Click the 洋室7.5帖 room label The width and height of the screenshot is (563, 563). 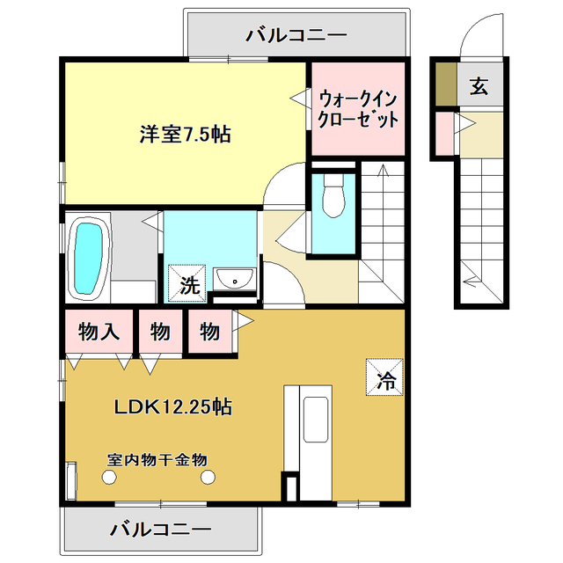pyautogui.click(x=185, y=135)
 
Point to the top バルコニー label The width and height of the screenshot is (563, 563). pyautogui.click(x=296, y=35)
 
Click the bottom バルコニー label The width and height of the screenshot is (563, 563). pyautogui.click(x=161, y=530)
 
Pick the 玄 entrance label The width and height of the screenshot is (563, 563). pyautogui.click(x=479, y=86)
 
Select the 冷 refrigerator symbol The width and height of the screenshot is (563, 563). pyautogui.click(x=385, y=379)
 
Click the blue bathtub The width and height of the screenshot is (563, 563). pyautogui.click(x=89, y=258)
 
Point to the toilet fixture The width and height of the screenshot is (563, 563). pyautogui.click(x=333, y=195)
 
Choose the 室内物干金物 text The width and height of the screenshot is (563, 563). pyautogui.click(x=157, y=459)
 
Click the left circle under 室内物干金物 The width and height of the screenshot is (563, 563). pyautogui.click(x=108, y=477)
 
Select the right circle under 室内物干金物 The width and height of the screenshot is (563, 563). pyautogui.click(x=208, y=477)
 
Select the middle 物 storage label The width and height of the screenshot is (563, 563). pyautogui.click(x=159, y=332)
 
